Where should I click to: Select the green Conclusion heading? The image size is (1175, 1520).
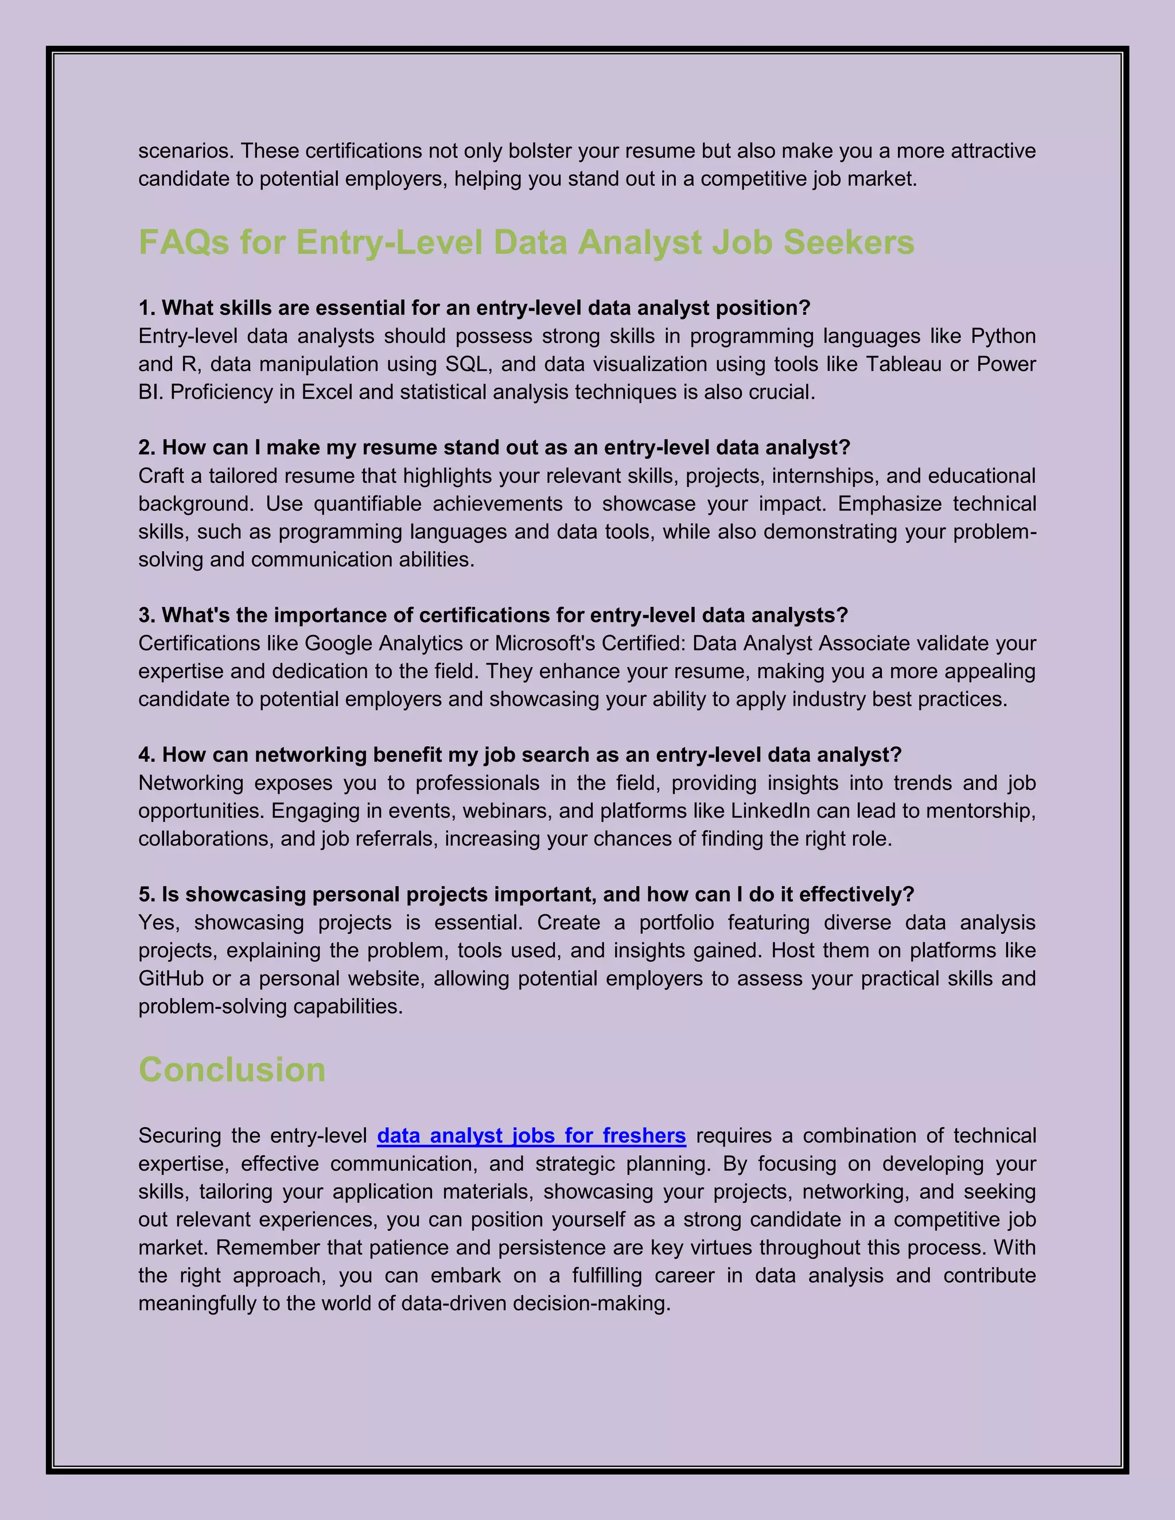point(232,1070)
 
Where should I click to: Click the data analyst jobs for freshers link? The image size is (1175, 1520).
point(531,1136)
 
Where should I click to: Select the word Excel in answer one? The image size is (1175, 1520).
point(326,392)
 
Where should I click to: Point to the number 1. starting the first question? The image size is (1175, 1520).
point(146,309)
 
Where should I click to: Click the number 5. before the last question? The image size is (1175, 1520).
point(146,894)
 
